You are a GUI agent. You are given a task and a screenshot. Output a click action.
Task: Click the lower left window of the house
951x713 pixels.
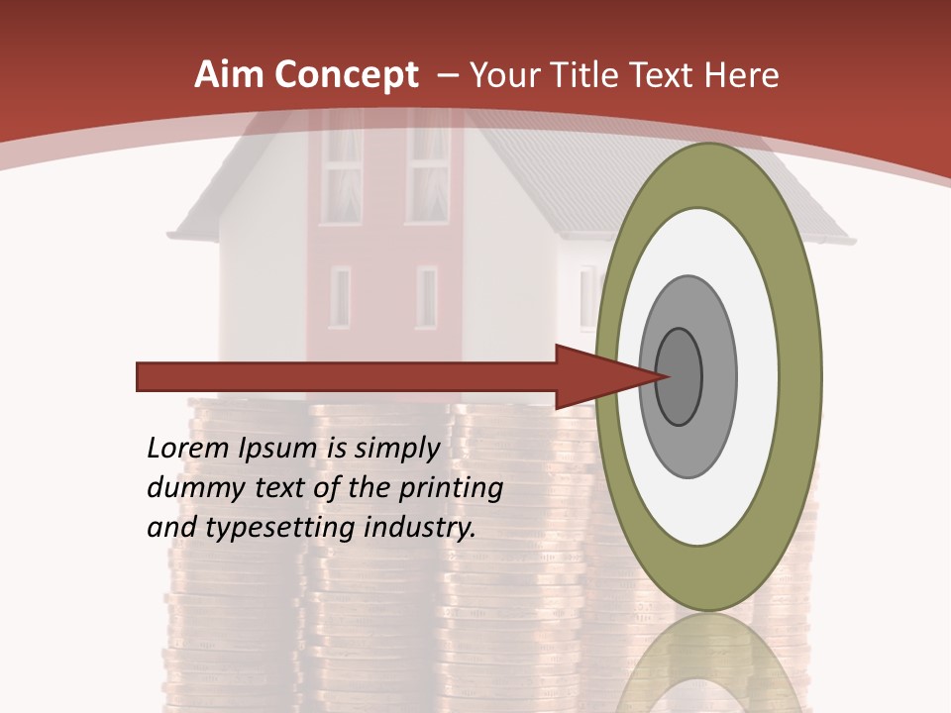click(341, 297)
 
